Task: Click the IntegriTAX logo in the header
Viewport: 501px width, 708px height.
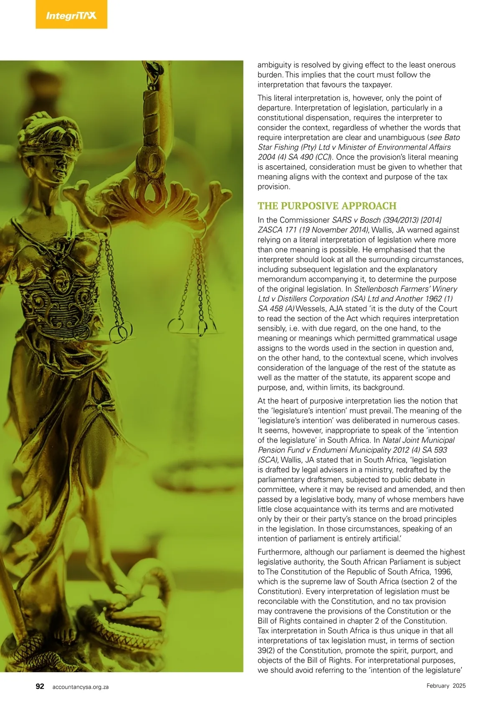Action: (x=71, y=16)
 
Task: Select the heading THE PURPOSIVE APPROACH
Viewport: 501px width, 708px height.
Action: (x=327, y=206)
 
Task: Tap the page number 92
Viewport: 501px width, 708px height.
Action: (x=40, y=686)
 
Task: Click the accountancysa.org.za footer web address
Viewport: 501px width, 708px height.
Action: (x=81, y=687)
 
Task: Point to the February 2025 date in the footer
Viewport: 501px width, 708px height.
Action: (x=446, y=686)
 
